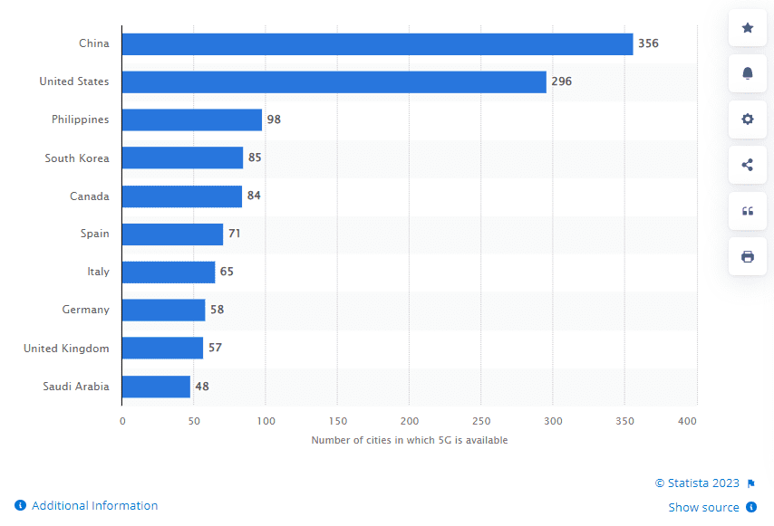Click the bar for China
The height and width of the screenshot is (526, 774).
(377, 43)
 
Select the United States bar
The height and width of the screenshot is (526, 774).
(334, 81)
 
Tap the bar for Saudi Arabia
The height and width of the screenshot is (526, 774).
(156, 387)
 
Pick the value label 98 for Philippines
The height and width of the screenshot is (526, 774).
(274, 120)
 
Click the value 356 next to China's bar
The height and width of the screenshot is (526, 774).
(648, 43)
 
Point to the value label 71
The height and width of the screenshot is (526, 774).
(234, 234)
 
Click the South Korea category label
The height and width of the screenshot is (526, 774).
(77, 158)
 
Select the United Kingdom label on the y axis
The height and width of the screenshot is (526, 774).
(66, 349)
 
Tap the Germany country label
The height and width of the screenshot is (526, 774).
(85, 310)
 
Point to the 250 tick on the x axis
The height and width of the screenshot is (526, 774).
(481, 421)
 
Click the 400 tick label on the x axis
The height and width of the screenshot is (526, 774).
(687, 421)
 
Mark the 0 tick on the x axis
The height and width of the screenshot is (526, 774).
(122, 421)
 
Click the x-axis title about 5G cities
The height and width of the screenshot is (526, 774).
(410, 440)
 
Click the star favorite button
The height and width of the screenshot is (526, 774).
(748, 28)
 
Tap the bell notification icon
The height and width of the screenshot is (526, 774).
(748, 73)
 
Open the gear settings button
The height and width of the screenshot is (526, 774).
(748, 120)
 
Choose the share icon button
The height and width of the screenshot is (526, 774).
(748, 165)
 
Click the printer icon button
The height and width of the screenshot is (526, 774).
(748, 256)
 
